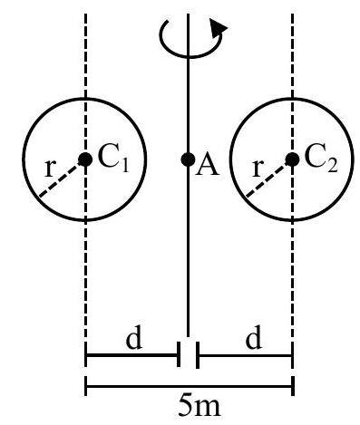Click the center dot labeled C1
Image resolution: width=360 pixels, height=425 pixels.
point(85,159)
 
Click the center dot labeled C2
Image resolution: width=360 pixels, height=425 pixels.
point(292,159)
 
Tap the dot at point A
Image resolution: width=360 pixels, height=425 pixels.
point(188,159)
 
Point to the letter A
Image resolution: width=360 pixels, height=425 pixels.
point(207,166)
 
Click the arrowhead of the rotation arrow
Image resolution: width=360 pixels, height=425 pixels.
point(218,28)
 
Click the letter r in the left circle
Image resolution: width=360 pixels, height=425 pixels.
point(49,169)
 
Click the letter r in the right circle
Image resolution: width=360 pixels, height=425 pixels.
point(257,169)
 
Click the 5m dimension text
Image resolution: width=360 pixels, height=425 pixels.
point(199,405)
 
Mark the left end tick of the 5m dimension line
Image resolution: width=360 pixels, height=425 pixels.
point(86,386)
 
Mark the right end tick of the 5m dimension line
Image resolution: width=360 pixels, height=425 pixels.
point(293,386)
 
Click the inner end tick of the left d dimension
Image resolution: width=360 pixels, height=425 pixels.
point(179,354)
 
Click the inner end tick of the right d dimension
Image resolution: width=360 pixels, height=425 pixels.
point(198,355)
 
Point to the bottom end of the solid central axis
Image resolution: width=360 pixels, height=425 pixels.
point(188,336)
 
